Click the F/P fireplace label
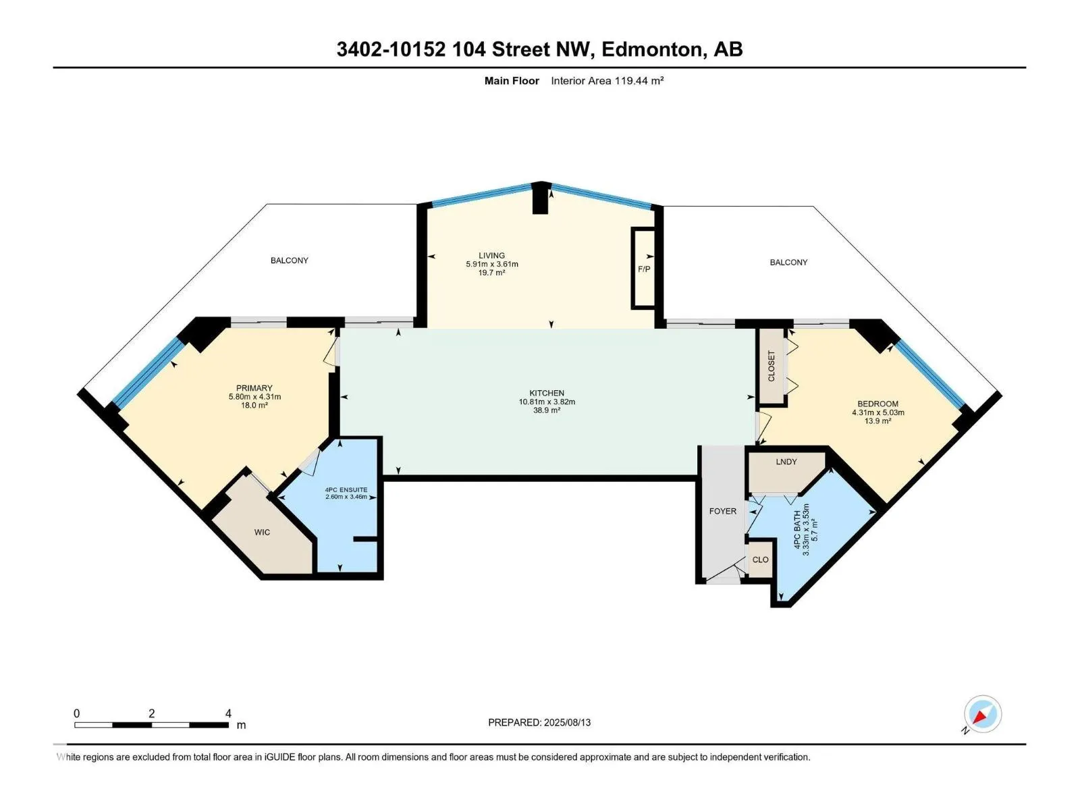(x=643, y=269)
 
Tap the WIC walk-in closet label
(x=262, y=532)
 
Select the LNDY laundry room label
(x=786, y=461)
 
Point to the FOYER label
(x=722, y=511)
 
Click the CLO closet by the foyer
(x=760, y=559)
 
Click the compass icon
(x=983, y=713)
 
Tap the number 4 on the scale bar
(x=228, y=713)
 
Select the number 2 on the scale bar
(x=152, y=713)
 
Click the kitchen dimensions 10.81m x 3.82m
(x=547, y=402)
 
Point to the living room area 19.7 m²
(x=491, y=273)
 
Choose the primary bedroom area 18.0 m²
(x=254, y=405)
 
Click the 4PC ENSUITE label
(x=346, y=489)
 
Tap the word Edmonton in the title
(x=651, y=49)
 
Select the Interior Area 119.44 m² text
(x=607, y=80)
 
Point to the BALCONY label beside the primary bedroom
(x=290, y=260)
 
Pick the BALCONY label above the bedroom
(x=788, y=262)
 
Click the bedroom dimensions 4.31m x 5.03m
(x=878, y=412)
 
